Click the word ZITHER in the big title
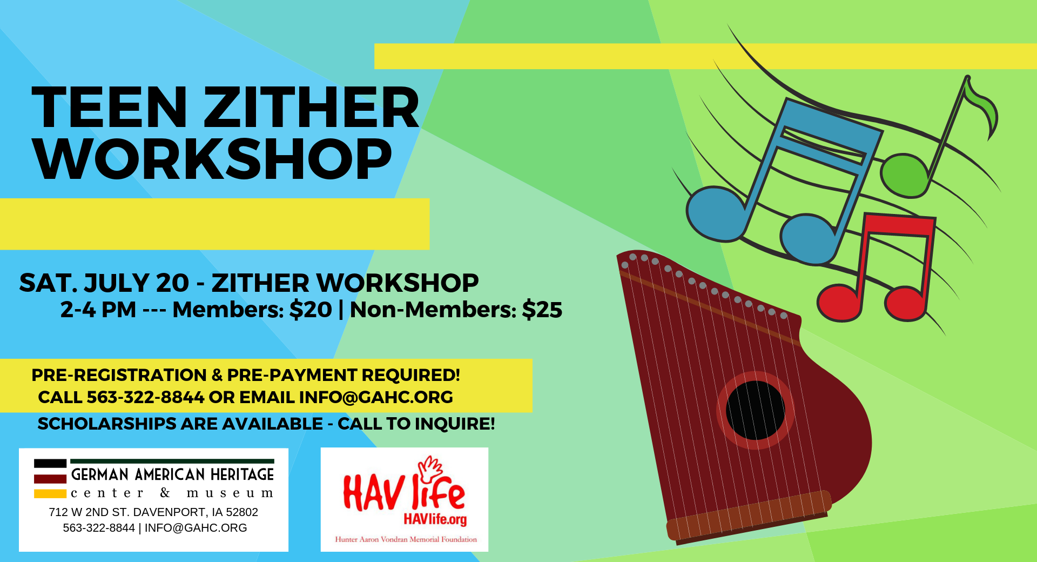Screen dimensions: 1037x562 (x=311, y=108)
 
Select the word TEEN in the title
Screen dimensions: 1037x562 (x=110, y=108)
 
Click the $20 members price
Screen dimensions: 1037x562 (x=311, y=310)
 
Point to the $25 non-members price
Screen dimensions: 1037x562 (x=542, y=310)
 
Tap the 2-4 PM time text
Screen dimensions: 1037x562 (x=98, y=310)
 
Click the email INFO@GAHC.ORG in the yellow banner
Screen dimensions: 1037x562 (x=376, y=397)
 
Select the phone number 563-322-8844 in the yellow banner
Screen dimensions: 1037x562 (x=146, y=397)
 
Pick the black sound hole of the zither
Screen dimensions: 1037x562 (x=755, y=410)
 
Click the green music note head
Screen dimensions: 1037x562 (x=905, y=176)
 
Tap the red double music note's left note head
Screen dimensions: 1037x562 (x=839, y=303)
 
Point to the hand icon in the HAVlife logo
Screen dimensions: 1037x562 (x=429, y=469)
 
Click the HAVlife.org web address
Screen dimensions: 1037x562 (x=435, y=519)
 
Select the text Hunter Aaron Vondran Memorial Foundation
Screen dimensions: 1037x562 (x=406, y=539)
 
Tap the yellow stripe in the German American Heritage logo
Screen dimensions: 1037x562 (x=50, y=493)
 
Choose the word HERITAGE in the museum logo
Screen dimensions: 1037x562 (x=242, y=474)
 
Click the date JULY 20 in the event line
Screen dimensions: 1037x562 (x=136, y=283)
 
